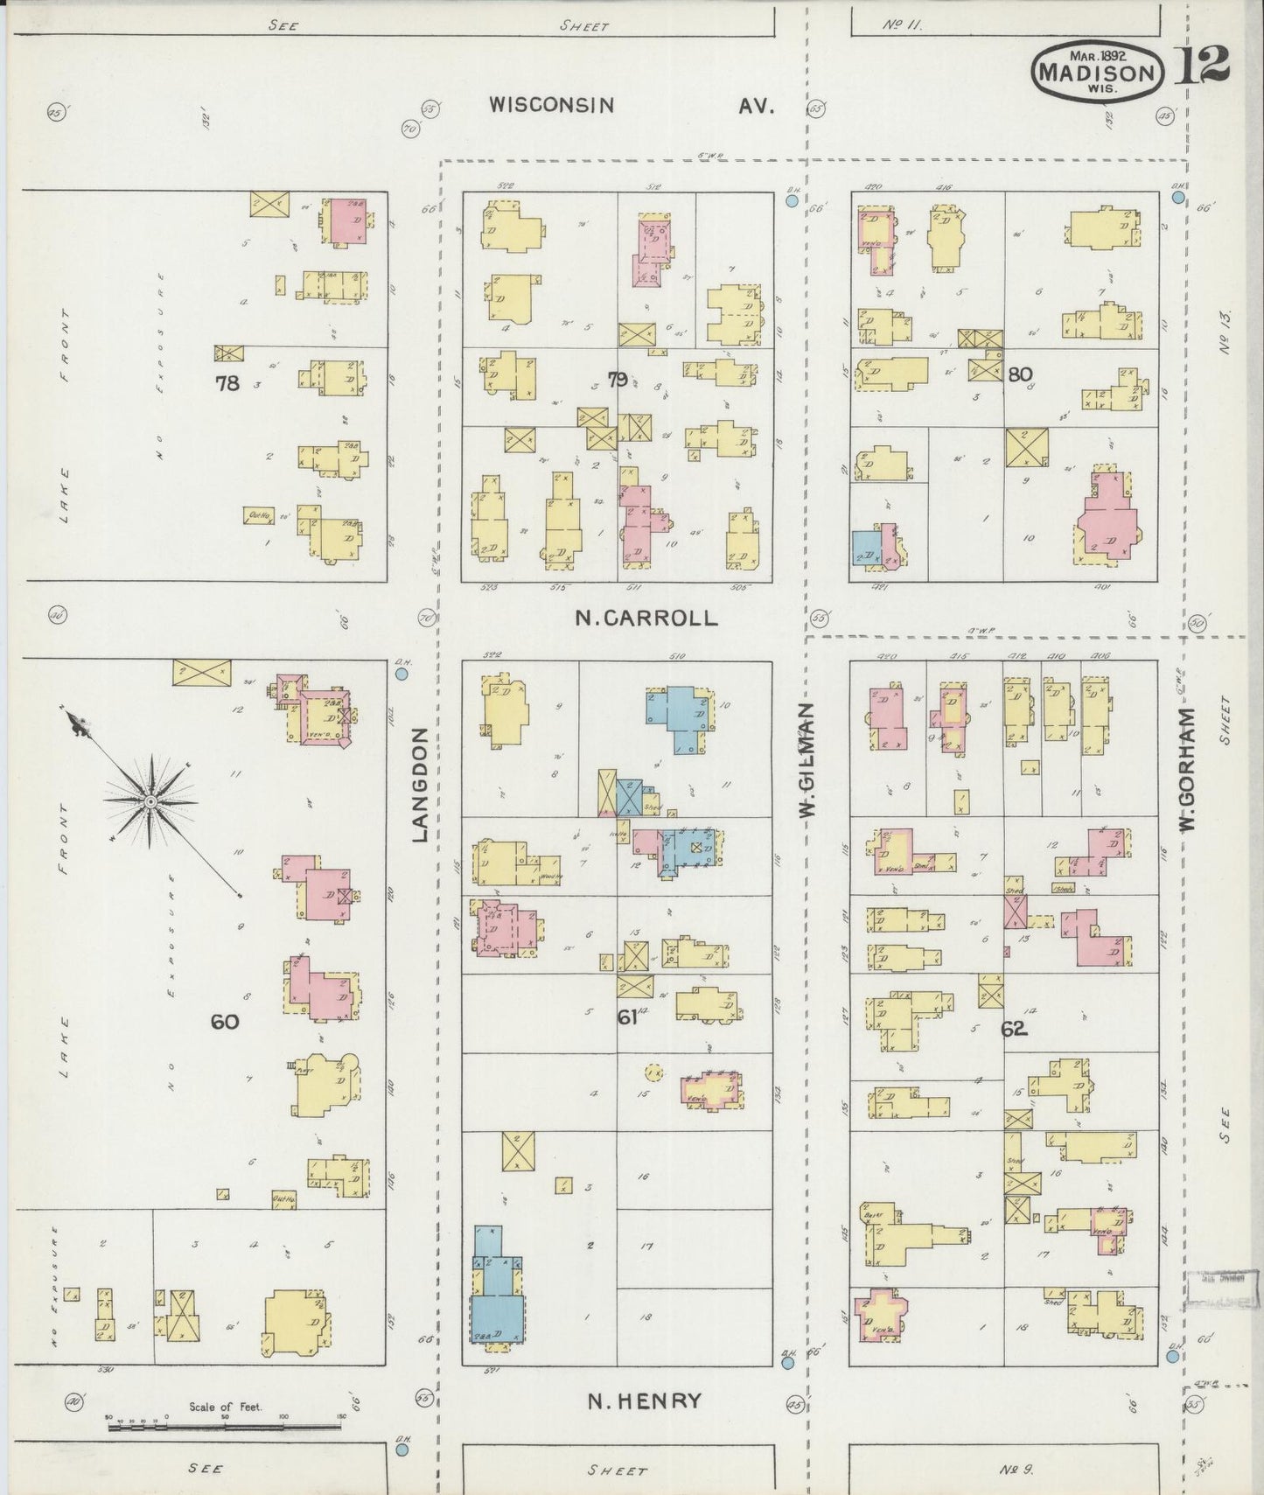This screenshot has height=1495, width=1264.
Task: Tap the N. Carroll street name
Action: point(646,618)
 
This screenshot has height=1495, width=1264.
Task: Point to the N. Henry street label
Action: point(644,1401)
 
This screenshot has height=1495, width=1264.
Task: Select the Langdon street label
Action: point(420,785)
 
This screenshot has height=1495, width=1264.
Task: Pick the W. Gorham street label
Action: point(1187,770)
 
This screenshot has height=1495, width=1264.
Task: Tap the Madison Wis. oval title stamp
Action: point(1099,72)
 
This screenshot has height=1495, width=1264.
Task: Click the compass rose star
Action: point(150,800)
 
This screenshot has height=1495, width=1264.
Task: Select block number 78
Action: point(227,382)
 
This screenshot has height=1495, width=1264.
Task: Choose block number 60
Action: point(225,1021)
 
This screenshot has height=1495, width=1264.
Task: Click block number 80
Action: point(1019,374)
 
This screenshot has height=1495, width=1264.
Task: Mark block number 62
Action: point(1014,1029)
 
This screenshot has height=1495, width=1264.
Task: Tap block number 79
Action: point(618,380)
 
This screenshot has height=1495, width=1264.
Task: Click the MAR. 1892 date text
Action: point(1097,54)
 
